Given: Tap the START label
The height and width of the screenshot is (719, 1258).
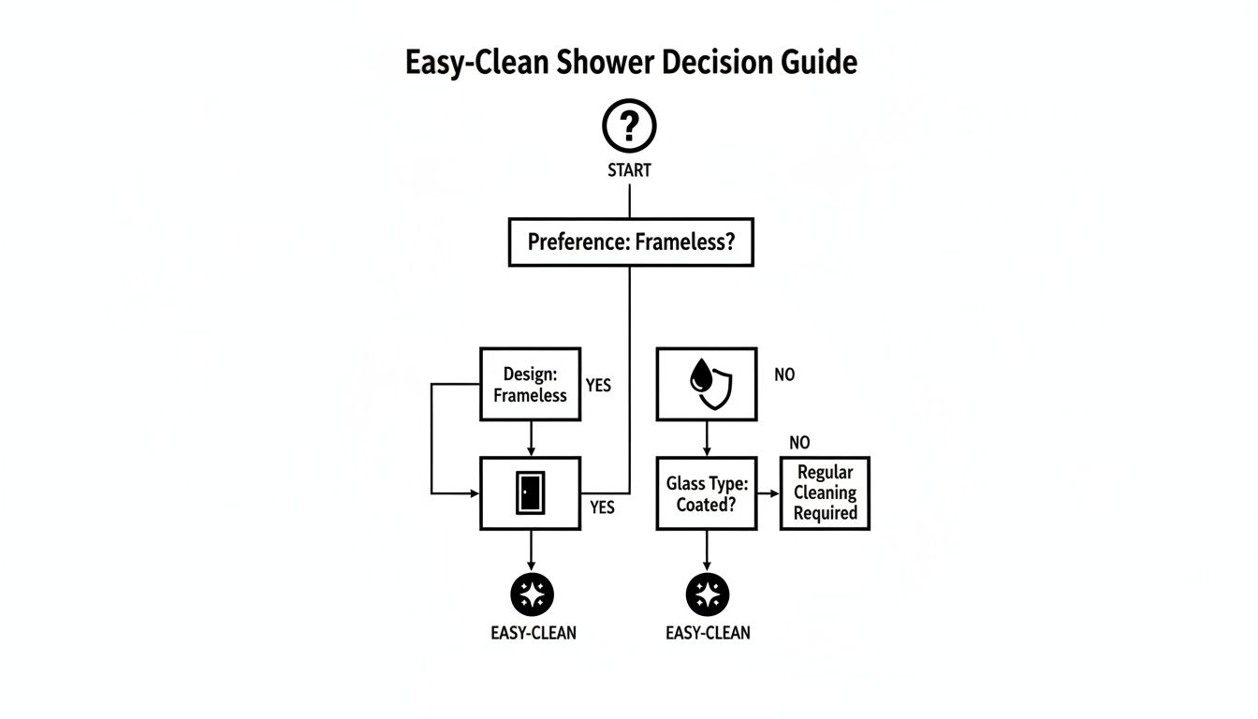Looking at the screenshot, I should click(x=629, y=171).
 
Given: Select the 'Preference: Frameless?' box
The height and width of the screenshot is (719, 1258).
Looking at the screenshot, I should click(x=630, y=242).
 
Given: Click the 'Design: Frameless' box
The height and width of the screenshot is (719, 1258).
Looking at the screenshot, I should click(x=530, y=385).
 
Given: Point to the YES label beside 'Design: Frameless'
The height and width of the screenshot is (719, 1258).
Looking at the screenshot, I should click(x=598, y=385).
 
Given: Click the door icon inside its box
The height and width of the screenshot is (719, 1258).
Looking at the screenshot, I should click(x=530, y=492).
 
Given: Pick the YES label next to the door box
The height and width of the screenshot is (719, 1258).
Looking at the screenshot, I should click(x=603, y=506).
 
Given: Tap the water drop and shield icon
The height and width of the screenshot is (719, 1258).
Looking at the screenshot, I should click(x=706, y=384).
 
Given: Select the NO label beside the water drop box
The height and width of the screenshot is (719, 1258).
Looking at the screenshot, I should click(x=784, y=374).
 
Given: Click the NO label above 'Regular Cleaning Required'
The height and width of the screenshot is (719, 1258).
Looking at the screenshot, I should click(x=799, y=443).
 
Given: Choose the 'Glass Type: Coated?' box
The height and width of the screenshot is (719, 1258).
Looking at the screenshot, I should click(x=706, y=493).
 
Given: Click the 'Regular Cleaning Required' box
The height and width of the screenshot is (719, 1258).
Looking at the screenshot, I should click(x=825, y=493).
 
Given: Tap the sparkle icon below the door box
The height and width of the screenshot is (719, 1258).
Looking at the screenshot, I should click(x=532, y=594).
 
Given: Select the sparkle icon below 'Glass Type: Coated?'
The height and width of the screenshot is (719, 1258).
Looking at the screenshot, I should click(x=707, y=594).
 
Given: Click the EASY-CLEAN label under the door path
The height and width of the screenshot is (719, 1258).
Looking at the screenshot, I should click(x=534, y=633).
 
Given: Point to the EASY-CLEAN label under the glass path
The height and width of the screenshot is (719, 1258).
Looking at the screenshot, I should click(x=708, y=633).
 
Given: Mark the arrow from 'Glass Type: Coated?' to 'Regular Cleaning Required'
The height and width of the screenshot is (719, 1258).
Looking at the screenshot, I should click(x=768, y=492).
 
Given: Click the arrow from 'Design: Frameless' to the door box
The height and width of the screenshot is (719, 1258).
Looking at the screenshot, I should click(x=531, y=439).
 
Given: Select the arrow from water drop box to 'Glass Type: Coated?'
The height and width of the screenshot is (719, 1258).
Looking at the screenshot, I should click(x=707, y=439).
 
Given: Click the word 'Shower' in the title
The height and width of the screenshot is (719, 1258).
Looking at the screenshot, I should click(x=609, y=63).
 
